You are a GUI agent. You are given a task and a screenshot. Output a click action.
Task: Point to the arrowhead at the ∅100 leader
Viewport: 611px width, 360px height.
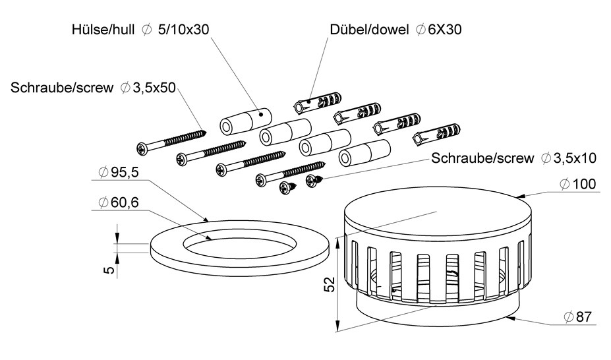[518, 196]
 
